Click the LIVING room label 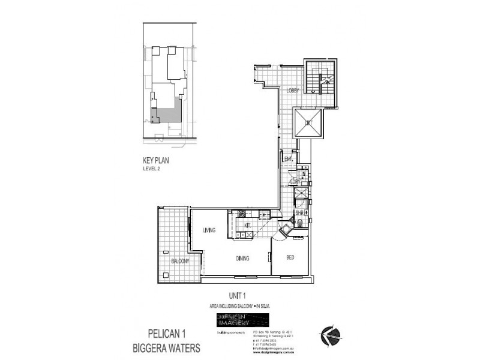pyautogui.click(x=209, y=230)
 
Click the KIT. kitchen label pyautogui.click(x=247, y=226)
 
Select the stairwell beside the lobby pyautogui.click(x=321, y=77)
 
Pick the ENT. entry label pyautogui.click(x=288, y=159)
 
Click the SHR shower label pyautogui.click(x=300, y=213)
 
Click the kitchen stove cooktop pyautogui.click(x=241, y=214)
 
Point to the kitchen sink pyautogui.click(x=263, y=214)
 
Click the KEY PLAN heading pyautogui.click(x=154, y=161)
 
